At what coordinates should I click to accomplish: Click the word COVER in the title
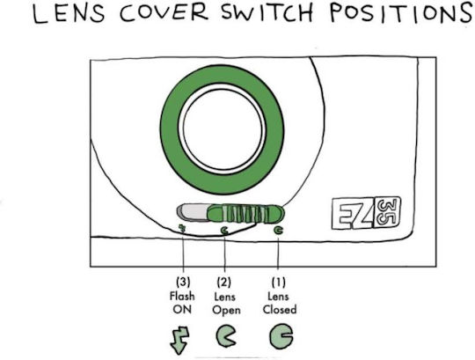point(164,12)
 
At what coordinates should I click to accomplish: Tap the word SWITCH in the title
point(267,12)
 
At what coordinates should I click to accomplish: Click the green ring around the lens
point(170,129)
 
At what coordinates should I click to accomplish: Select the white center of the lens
point(223,129)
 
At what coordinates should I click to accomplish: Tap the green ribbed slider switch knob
point(245,214)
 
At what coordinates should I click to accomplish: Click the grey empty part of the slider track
point(193,212)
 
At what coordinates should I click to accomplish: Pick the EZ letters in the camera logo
point(353,214)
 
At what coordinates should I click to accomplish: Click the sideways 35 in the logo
point(387,212)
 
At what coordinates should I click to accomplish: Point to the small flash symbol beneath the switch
point(182,229)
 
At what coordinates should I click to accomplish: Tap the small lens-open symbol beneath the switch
point(225,231)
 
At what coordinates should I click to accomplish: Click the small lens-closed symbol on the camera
point(278,231)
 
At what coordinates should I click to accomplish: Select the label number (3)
point(183,282)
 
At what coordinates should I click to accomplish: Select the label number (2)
point(224,283)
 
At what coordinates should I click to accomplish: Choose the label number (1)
point(278,283)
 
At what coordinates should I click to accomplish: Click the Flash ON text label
point(182,303)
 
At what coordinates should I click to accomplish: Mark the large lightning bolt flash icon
point(179,340)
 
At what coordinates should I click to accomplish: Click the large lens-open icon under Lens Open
point(225,335)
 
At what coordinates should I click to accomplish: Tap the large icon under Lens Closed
point(281,336)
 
